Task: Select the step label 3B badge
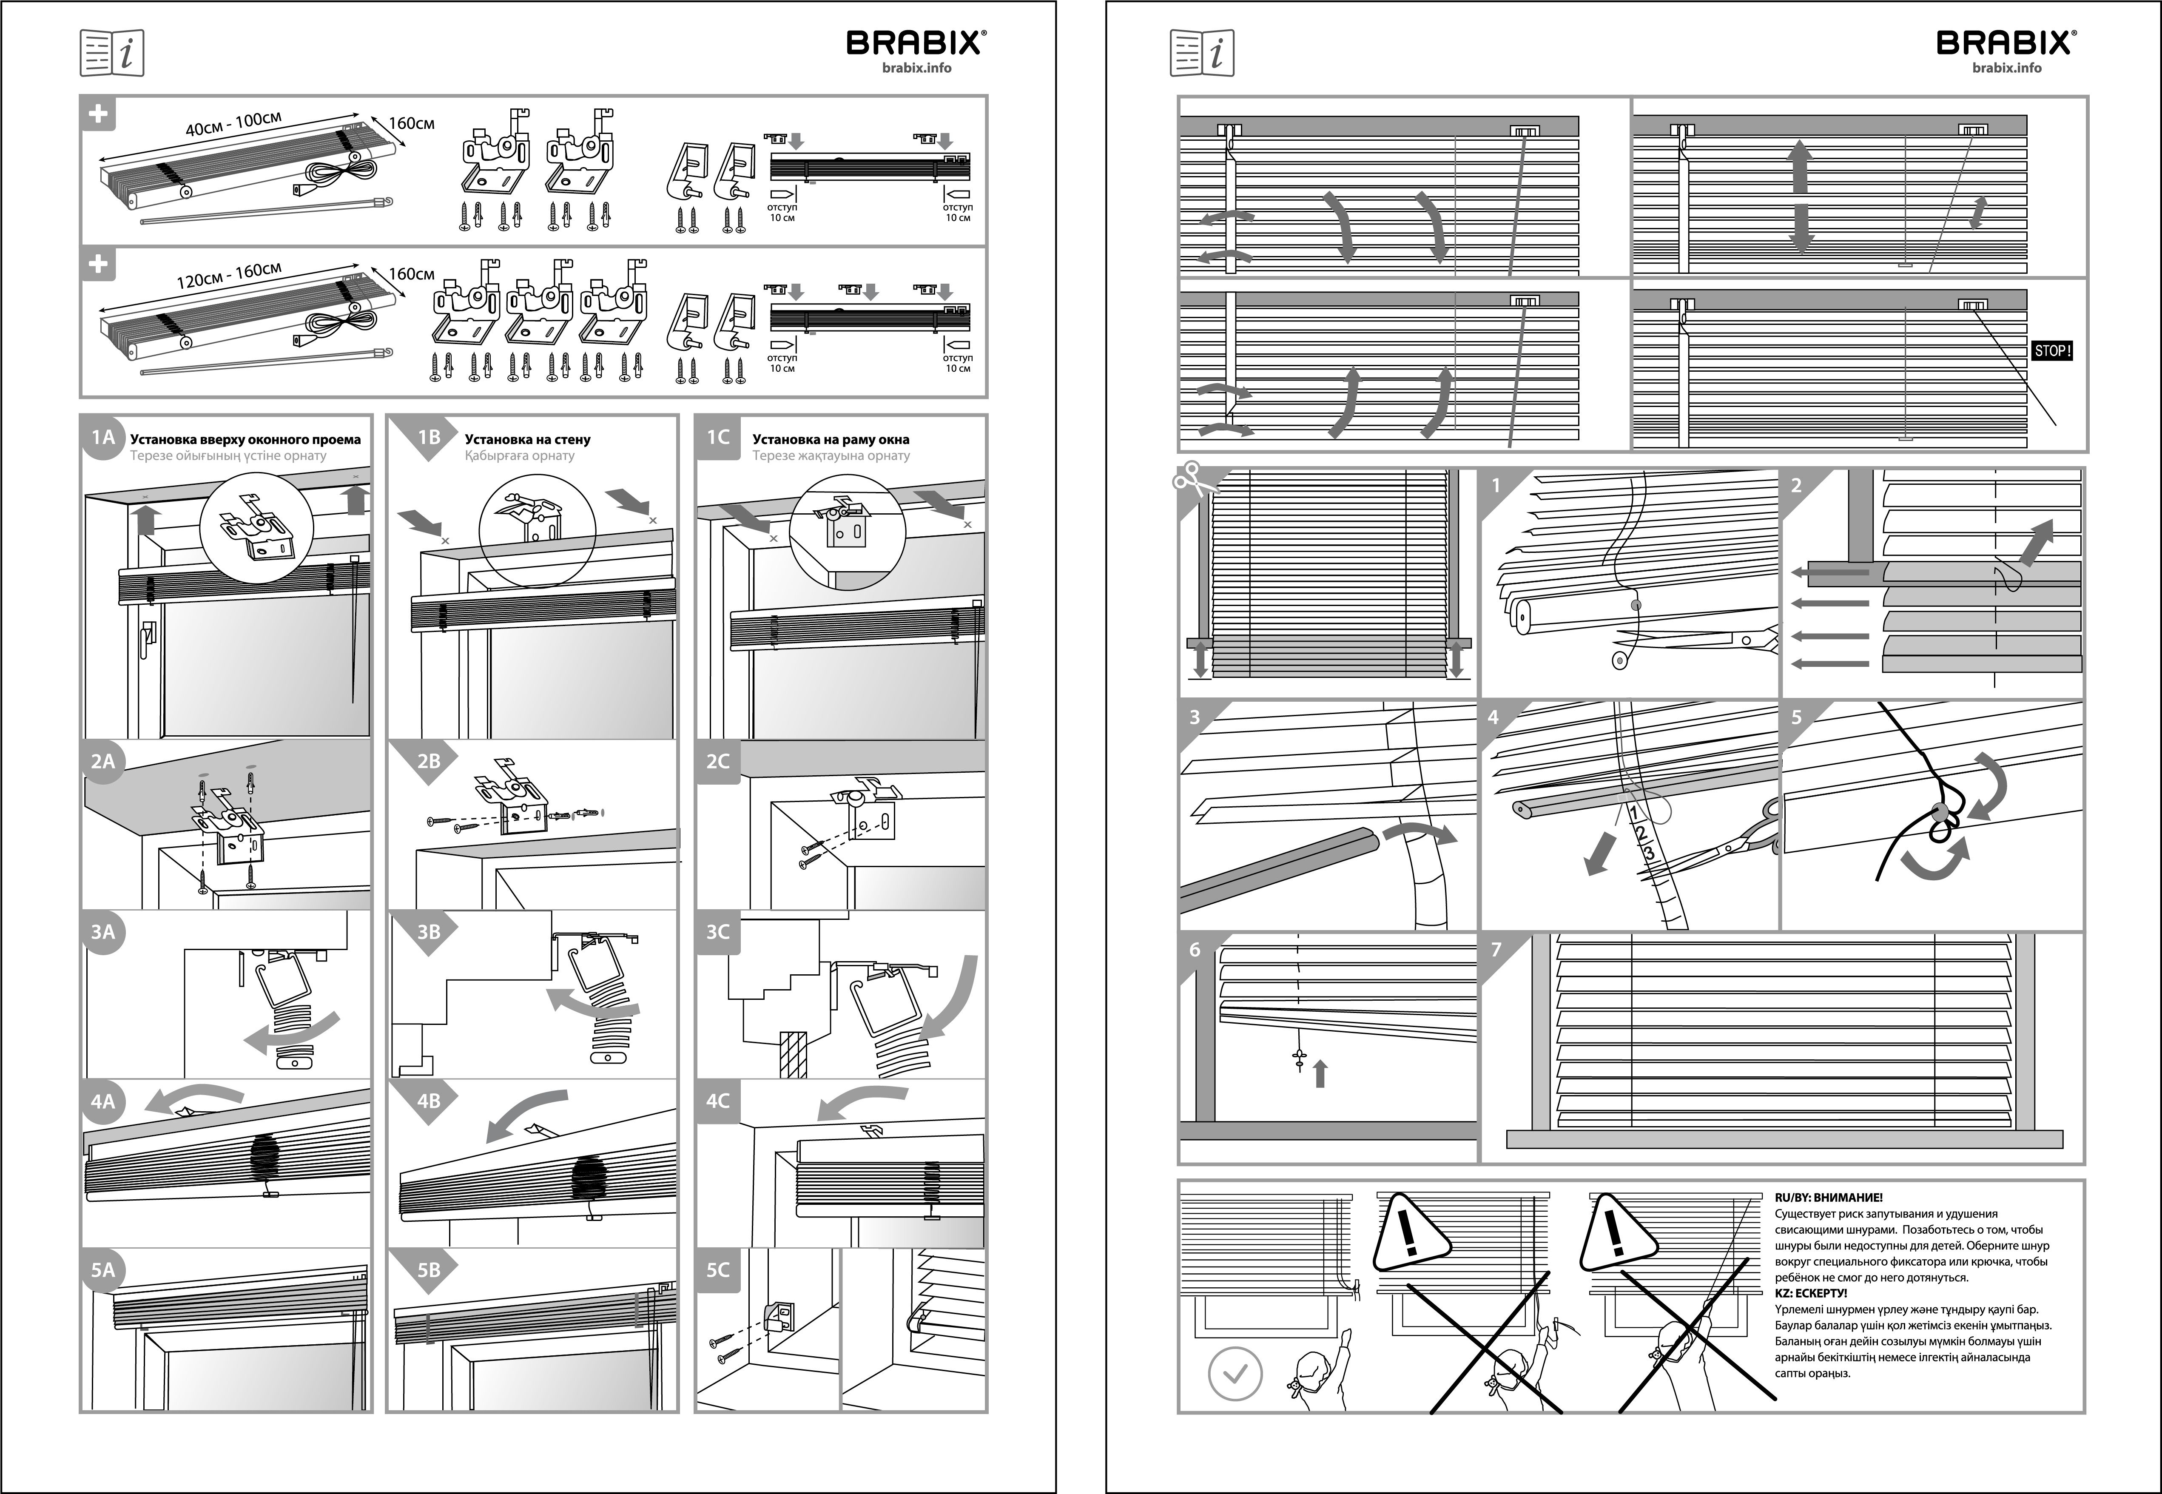(428, 931)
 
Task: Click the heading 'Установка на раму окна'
(830, 439)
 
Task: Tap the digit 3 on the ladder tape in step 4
(1648, 853)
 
